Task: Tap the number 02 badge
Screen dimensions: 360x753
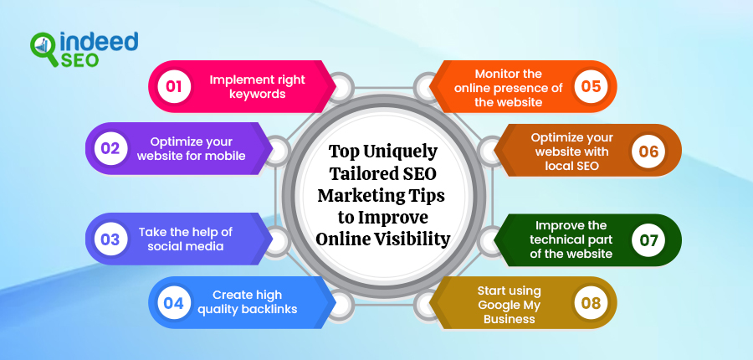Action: coord(110,149)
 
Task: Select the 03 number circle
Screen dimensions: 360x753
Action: coord(110,239)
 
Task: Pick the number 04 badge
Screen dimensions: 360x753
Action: coord(173,302)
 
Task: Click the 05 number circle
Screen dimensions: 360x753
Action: coord(592,86)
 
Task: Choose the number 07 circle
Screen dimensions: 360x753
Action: coord(649,239)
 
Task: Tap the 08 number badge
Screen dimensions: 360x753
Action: coord(591,302)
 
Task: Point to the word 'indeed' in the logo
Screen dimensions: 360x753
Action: coord(95,42)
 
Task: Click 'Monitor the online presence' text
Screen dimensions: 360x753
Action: coord(509,87)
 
